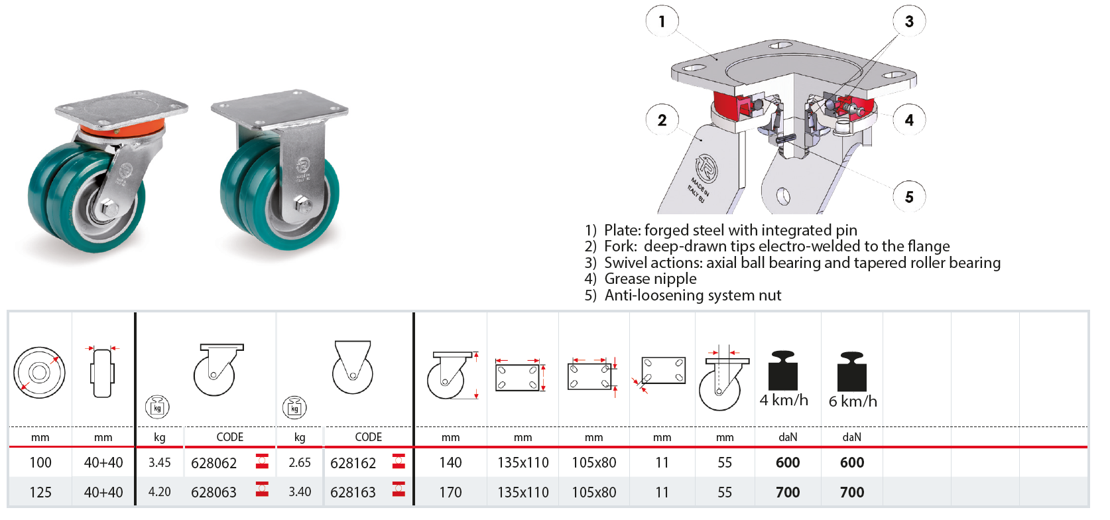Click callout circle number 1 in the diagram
pyautogui.click(x=662, y=21)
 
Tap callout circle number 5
pyautogui.click(x=909, y=197)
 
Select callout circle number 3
pyautogui.click(x=909, y=21)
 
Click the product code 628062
pyautogui.click(x=214, y=463)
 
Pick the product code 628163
pyautogui.click(x=353, y=492)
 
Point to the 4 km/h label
pyautogui.click(x=784, y=400)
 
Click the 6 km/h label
pyautogui.click(x=853, y=401)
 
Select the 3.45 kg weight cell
pyautogui.click(x=160, y=462)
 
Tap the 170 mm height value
pyautogui.click(x=450, y=492)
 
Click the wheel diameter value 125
pyautogui.click(x=40, y=492)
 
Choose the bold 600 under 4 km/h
pyautogui.click(x=788, y=462)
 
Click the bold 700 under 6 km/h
pyautogui.click(x=852, y=492)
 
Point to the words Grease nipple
pyautogui.click(x=650, y=279)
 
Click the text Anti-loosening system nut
pyautogui.click(x=693, y=295)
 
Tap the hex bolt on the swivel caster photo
pyautogui.click(x=108, y=207)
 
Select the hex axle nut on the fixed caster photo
pyautogui.click(x=301, y=204)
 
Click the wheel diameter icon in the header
pyautogui.click(x=39, y=372)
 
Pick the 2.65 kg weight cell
pyautogui.click(x=300, y=462)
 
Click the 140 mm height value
pyautogui.click(x=450, y=462)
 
